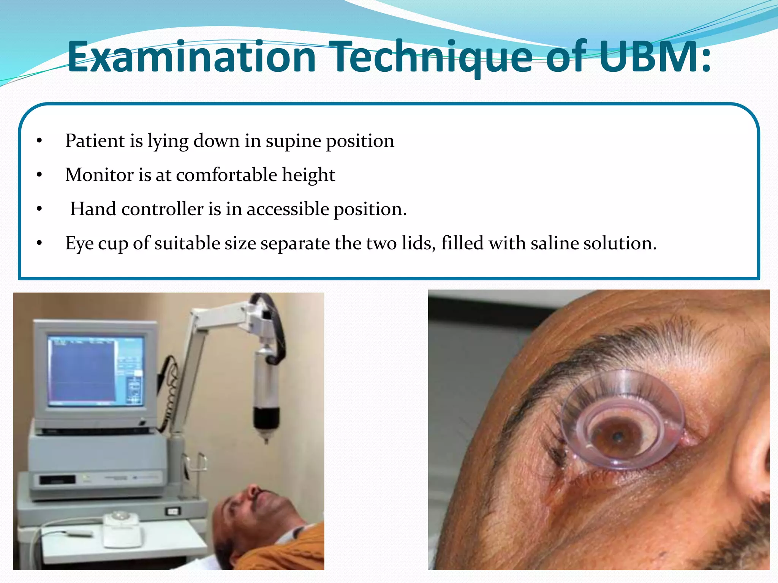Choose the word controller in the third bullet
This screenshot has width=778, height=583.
point(162,209)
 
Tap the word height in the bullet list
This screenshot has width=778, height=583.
point(308,175)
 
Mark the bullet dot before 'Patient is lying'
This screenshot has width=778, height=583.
point(39,141)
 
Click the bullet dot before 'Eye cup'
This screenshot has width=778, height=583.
point(39,243)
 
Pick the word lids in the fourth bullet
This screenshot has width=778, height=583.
point(418,243)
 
